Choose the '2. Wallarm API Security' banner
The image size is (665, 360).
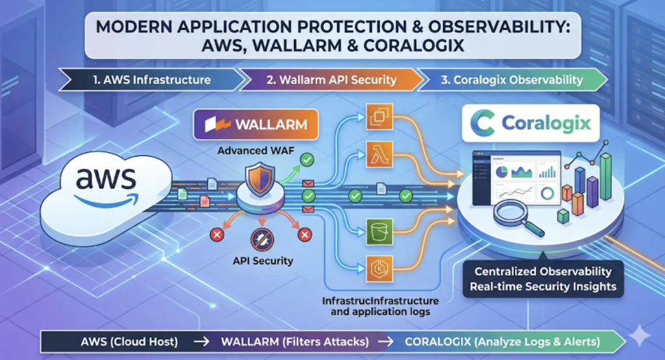(x=332, y=81)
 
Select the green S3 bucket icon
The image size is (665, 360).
(x=378, y=229)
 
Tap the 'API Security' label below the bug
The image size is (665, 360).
(x=262, y=261)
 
